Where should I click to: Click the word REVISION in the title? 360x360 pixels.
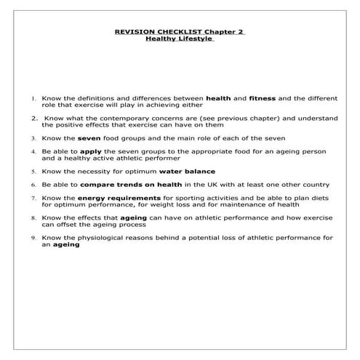135,31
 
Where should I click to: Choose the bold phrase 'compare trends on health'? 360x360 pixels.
119,185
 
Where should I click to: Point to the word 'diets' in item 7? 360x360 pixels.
320,198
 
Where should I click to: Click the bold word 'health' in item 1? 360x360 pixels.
220,97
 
